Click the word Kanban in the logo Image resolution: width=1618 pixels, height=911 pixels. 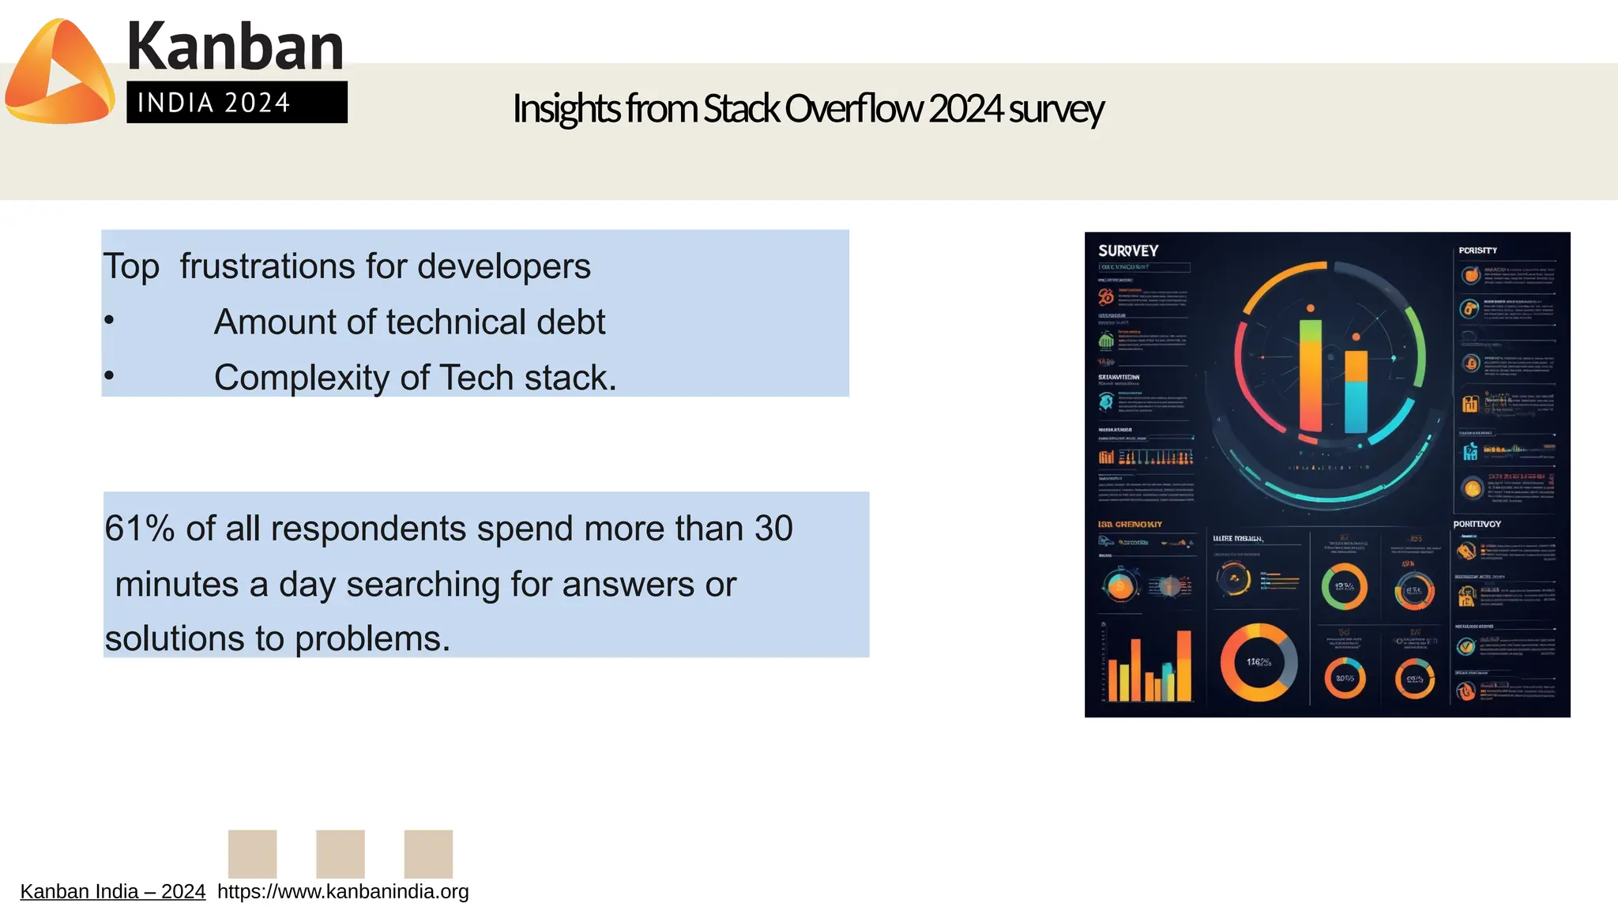[x=235, y=47]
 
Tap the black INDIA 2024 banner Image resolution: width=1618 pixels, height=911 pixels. [x=236, y=102]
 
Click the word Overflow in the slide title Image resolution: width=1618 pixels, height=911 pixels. [x=853, y=109]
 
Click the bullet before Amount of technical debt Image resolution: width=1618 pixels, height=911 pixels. [x=109, y=321]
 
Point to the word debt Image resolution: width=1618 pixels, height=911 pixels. [x=570, y=322]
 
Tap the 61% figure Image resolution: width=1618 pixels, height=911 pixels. [x=139, y=528]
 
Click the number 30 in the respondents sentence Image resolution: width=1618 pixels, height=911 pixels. [x=773, y=528]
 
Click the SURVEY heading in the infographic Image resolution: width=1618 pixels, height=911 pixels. [x=1127, y=250]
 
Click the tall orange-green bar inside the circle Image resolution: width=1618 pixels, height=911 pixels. [x=1310, y=375]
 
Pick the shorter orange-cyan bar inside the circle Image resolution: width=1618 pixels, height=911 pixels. [x=1356, y=391]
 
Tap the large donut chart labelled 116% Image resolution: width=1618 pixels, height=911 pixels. [x=1259, y=662]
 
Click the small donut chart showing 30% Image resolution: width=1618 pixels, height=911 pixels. [x=1345, y=678]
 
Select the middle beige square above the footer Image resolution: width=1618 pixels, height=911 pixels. [x=340, y=853]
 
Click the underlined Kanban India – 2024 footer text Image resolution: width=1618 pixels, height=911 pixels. [x=112, y=891]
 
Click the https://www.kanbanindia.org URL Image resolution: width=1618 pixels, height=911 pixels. [x=343, y=891]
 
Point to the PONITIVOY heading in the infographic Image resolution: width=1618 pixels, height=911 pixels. [x=1477, y=524]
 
